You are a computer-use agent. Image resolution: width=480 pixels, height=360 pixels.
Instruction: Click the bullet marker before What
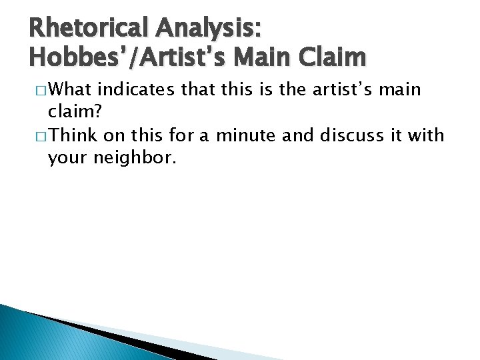(x=38, y=90)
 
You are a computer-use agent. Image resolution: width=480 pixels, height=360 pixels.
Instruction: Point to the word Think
(x=72, y=135)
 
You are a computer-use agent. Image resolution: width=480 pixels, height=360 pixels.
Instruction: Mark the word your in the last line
(x=65, y=159)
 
